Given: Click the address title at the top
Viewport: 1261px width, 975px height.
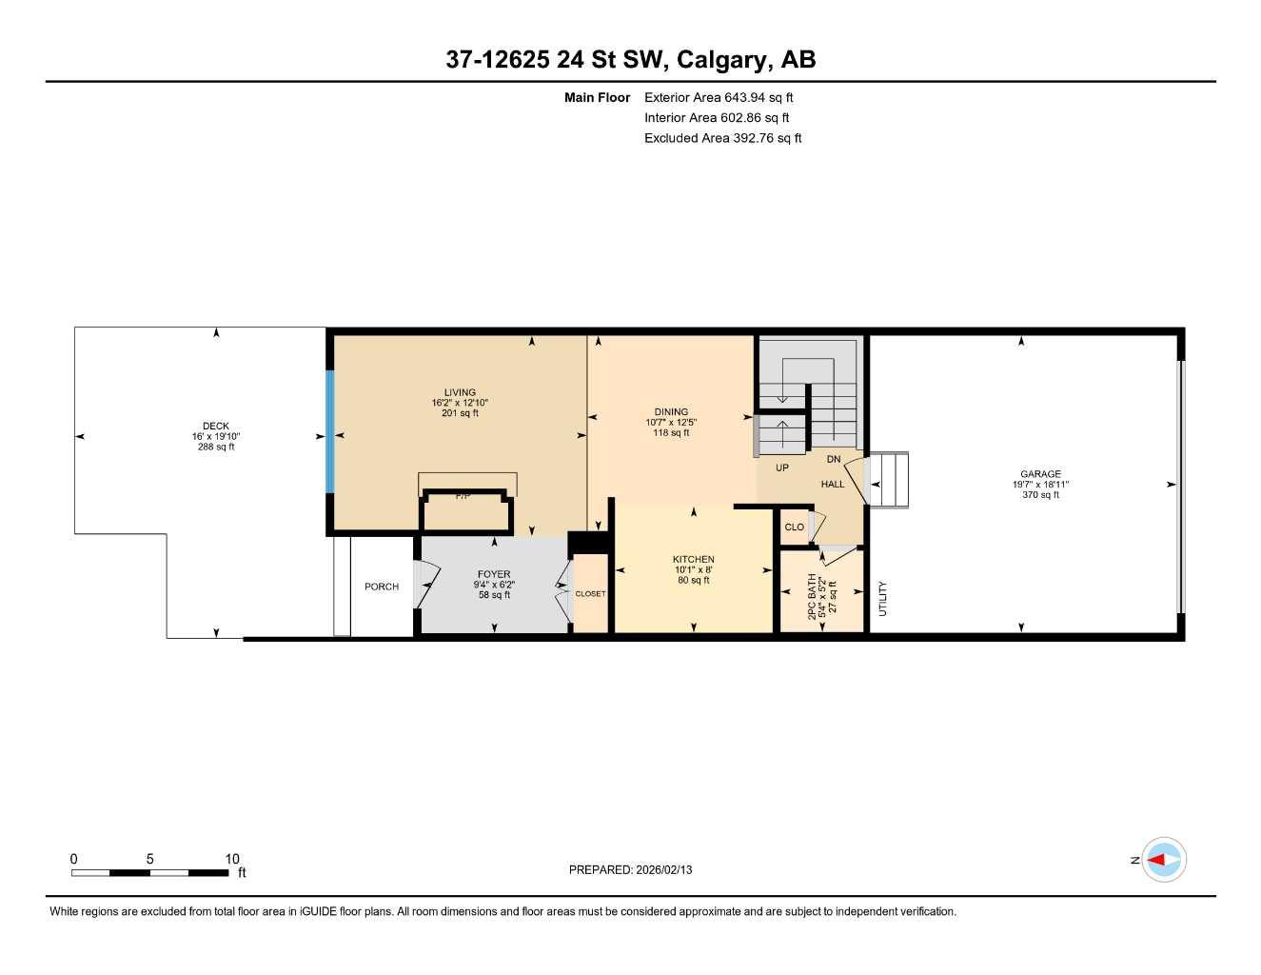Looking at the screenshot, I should (x=630, y=60).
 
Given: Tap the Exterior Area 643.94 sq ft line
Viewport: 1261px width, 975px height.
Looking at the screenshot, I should (x=719, y=97).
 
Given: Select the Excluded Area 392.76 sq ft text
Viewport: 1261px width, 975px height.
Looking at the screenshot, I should (x=722, y=138).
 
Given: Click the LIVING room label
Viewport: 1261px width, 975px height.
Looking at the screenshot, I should (x=460, y=392).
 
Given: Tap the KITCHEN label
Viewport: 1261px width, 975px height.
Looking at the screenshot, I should (x=693, y=560).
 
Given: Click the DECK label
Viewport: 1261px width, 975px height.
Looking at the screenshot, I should (x=216, y=427).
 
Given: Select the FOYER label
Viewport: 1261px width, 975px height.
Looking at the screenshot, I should (x=494, y=574).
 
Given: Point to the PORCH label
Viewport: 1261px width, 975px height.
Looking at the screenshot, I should (x=382, y=587).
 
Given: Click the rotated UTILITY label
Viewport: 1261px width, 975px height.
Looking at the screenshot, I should (x=882, y=599).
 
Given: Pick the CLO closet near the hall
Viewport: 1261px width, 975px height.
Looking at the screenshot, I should (x=794, y=527).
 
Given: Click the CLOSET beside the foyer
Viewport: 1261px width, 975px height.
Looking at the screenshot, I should (x=590, y=594).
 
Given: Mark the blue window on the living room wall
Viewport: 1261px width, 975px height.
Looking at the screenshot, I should (x=330, y=431).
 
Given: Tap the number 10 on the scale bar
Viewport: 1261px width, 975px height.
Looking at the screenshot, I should (x=232, y=859).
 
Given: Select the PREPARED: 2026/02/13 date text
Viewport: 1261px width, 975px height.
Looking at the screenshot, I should (x=630, y=869).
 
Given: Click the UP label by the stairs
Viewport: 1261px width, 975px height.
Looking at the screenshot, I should (x=781, y=468).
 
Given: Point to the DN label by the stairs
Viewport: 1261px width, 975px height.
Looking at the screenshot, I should (x=834, y=459).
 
